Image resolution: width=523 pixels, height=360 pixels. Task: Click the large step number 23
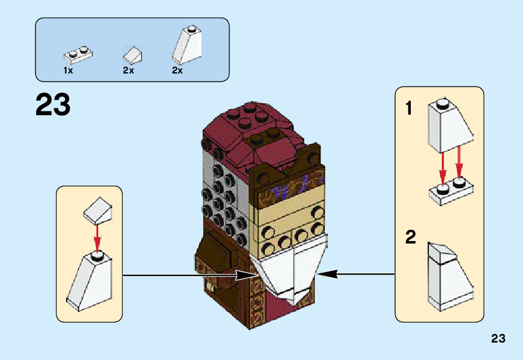coord(53,105)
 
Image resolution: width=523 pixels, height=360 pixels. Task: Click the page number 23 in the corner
coord(498,338)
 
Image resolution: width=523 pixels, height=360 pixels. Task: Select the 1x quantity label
coord(68,70)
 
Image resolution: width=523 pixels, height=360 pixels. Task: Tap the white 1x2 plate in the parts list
coord(79,55)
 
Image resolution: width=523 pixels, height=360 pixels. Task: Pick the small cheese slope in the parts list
coord(133,55)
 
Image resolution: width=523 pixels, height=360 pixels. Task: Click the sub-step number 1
coord(409,108)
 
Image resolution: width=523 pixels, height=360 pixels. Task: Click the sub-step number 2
coord(411,237)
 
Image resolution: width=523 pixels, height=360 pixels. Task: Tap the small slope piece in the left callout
coord(97,211)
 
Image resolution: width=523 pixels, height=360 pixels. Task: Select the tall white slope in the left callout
coord(89,282)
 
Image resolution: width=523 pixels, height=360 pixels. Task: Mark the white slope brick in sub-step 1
coord(451,126)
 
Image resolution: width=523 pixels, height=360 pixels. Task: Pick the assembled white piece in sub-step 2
coord(451,277)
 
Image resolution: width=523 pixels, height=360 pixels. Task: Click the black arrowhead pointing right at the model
coord(247,275)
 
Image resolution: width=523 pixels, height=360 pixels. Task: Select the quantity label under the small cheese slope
coord(128,70)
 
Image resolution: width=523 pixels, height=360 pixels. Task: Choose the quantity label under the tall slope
coord(178,70)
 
